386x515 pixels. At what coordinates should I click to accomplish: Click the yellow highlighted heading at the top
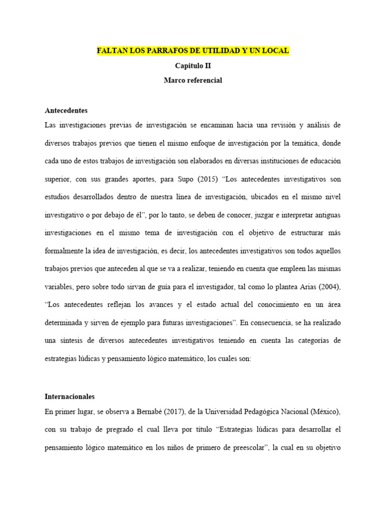pyautogui.click(x=193, y=51)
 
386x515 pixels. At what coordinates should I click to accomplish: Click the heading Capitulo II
pyautogui.click(x=193, y=65)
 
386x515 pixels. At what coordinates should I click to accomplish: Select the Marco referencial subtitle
pyautogui.click(x=193, y=80)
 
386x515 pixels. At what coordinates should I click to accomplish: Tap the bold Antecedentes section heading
pyautogui.click(x=66, y=110)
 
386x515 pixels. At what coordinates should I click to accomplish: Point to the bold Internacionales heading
pyautogui.click(x=69, y=397)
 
